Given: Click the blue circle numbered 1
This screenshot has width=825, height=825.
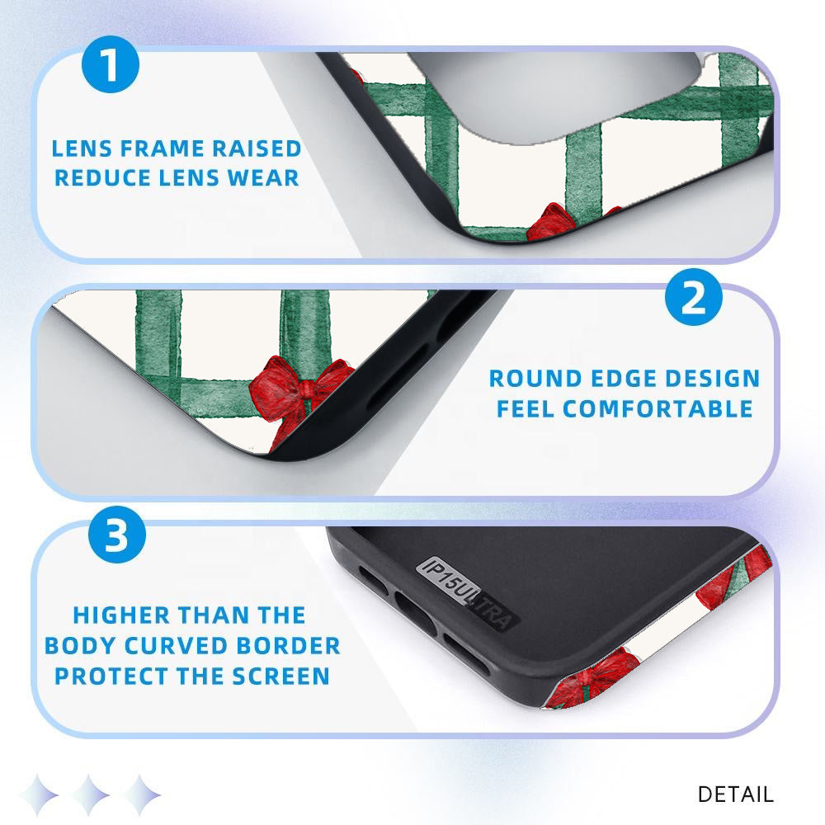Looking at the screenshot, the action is [111, 64].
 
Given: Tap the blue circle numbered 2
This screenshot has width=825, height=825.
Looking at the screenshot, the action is [694, 297].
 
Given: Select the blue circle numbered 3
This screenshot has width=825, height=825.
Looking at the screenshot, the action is [117, 535].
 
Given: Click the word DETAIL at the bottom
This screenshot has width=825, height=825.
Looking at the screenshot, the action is [736, 794].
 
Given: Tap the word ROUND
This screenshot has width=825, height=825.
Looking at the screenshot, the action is [535, 379].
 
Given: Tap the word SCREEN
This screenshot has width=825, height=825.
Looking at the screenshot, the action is [281, 676].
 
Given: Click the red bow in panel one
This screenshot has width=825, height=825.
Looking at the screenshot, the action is [554, 223].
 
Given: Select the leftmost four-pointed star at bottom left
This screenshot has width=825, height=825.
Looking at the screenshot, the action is [40, 794].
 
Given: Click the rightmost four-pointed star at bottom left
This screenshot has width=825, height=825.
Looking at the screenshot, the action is [140, 794].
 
